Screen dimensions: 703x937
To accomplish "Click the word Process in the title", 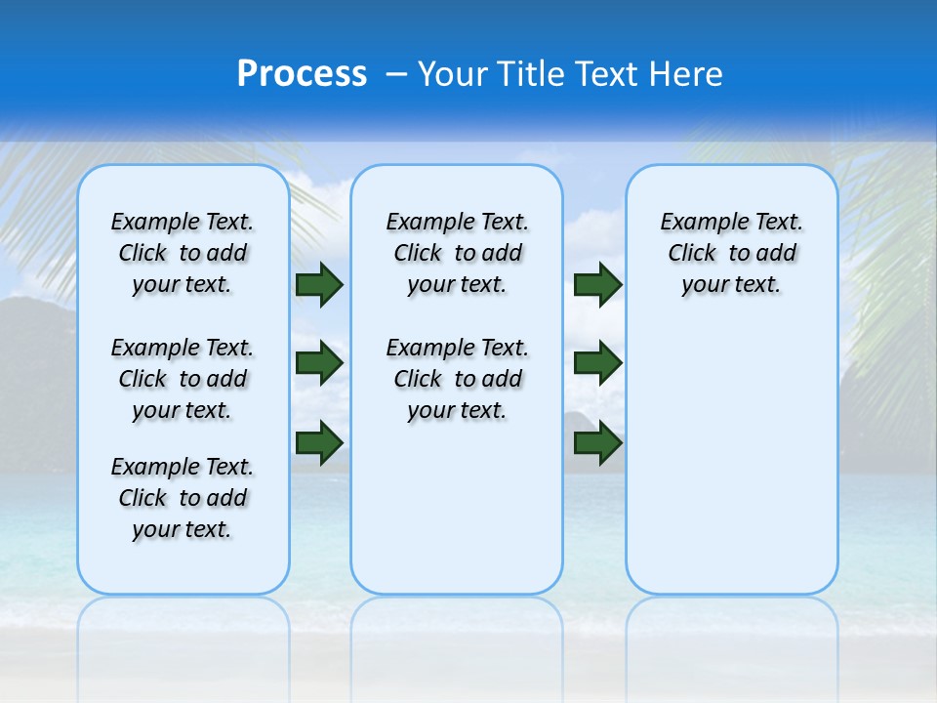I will [x=302, y=73].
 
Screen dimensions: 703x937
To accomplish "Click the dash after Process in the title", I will [x=396, y=74].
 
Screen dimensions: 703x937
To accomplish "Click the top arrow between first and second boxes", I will [x=319, y=285].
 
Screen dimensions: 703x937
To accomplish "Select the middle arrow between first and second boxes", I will [x=319, y=363].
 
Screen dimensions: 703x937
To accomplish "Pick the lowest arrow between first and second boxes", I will [x=319, y=440].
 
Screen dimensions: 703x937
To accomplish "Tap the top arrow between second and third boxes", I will [x=597, y=285].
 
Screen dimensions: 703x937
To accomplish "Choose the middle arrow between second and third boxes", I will [x=597, y=363].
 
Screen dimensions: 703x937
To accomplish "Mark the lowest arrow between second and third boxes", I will [x=597, y=442].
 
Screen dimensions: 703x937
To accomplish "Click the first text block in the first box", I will [x=183, y=253].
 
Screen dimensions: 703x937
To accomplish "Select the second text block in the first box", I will [x=183, y=379].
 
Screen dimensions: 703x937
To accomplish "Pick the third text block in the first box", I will [x=183, y=498].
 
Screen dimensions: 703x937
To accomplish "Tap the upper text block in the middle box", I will [x=457, y=253].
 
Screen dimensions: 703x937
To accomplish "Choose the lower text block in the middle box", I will [x=457, y=379].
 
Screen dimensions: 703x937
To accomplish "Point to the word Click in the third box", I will [x=692, y=254].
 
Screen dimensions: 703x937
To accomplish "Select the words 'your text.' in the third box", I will [x=731, y=285].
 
